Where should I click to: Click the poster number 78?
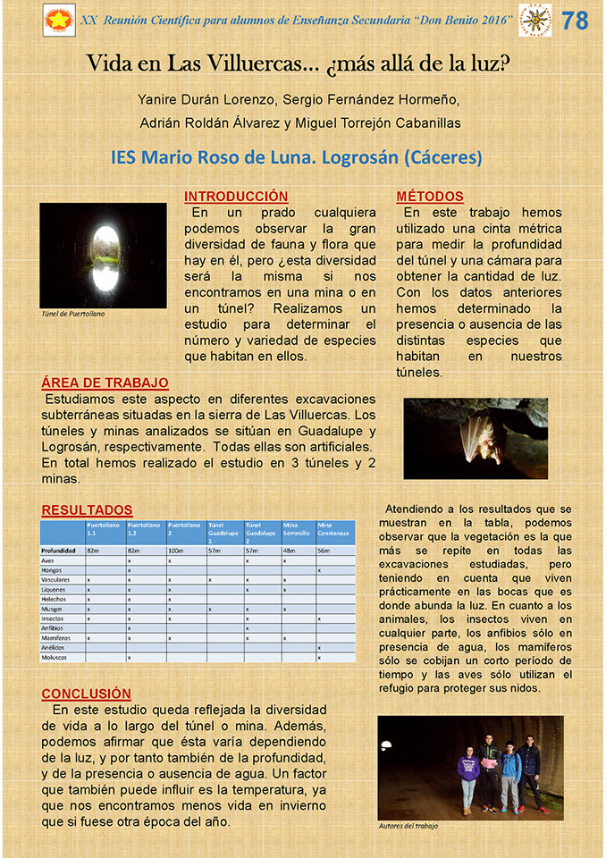click(576, 21)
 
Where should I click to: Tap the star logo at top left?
click(59, 21)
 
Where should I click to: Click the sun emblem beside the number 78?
click(535, 21)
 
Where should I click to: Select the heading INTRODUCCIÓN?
click(236, 197)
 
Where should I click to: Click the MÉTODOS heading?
click(430, 197)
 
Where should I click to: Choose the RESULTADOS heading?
click(87, 510)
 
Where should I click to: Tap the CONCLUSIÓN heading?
click(86, 694)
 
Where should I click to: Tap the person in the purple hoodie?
click(467, 777)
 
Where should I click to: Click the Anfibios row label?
click(55, 627)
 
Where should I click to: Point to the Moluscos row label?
click(56, 657)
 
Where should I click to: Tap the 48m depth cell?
click(290, 551)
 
